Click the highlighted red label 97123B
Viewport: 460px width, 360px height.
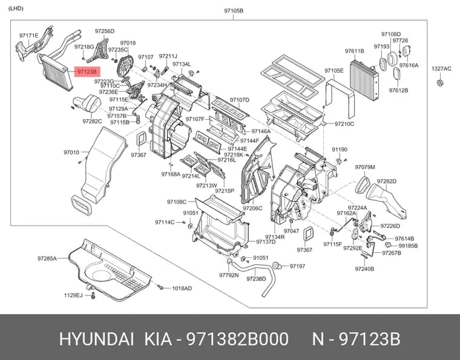[87, 71]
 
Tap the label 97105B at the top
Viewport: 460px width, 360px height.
[234, 11]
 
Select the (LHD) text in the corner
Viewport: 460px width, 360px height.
[16, 8]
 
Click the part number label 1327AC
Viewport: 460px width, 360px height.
[441, 69]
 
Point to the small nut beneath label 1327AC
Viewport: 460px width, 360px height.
[439, 82]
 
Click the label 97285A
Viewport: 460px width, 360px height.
[47, 258]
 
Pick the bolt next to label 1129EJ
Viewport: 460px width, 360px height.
[93, 295]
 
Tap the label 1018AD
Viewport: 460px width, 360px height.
[182, 289]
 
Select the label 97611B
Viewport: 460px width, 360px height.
[355, 51]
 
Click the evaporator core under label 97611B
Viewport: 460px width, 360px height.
[364, 80]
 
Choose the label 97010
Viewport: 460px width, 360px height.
[71, 152]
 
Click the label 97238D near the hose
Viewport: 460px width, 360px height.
[256, 279]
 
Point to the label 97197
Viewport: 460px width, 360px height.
[297, 266]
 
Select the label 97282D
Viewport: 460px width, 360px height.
[387, 182]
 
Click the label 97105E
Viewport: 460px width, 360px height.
[334, 71]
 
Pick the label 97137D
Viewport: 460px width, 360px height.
[266, 242]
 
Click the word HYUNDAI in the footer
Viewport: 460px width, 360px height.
[97, 339]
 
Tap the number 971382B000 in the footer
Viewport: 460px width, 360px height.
[238, 339]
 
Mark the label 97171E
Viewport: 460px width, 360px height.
[29, 36]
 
